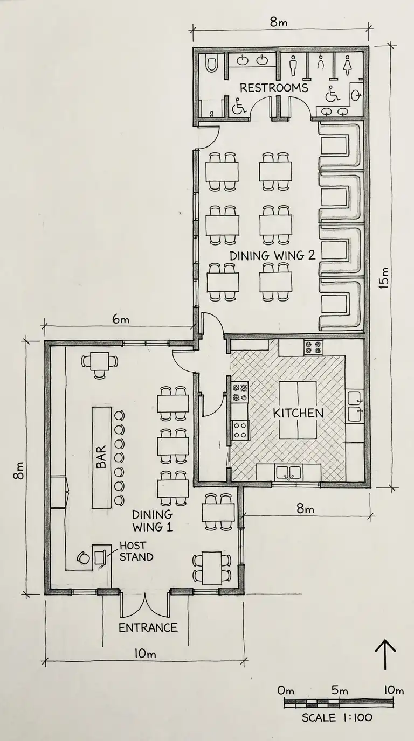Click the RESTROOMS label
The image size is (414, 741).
tap(274, 88)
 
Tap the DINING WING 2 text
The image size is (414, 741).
tap(272, 256)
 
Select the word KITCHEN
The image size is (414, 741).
tap(298, 414)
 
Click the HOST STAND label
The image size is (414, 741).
tap(136, 551)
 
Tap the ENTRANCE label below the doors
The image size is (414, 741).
tap(148, 627)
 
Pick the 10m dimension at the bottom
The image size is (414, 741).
tap(144, 654)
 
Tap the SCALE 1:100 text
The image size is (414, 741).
tap(337, 717)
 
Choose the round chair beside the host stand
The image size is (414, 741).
tap(83, 558)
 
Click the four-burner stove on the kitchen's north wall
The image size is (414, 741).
tap(313, 348)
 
